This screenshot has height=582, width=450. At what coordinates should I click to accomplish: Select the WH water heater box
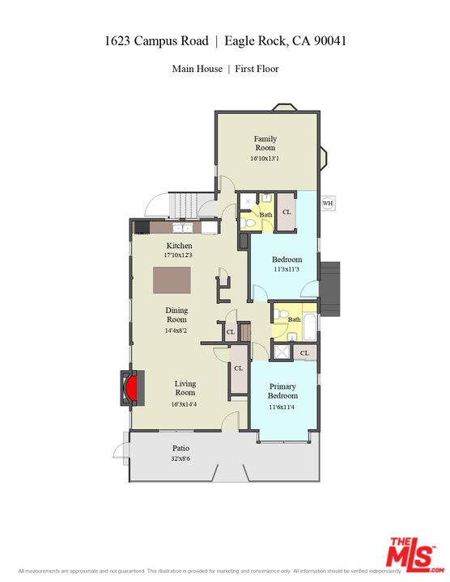click(327, 203)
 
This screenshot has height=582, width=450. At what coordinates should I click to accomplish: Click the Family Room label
click(265, 143)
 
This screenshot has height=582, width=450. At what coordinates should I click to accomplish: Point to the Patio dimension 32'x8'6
click(180, 458)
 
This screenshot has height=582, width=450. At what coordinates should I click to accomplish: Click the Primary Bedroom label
click(283, 391)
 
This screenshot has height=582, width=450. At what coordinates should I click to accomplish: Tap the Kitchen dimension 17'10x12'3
click(179, 255)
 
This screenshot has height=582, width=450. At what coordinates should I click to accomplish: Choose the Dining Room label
click(176, 314)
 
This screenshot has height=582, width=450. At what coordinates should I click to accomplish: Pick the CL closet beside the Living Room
click(238, 369)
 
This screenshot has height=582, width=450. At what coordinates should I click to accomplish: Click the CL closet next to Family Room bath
click(287, 213)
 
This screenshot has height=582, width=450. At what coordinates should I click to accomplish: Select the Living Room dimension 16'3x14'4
click(184, 404)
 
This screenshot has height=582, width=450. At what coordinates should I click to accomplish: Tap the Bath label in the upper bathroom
click(265, 215)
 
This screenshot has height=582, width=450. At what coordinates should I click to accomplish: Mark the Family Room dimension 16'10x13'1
click(265, 158)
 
